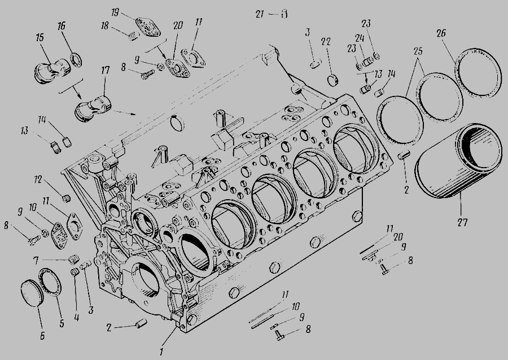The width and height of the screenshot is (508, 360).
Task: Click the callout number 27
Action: click(462, 222)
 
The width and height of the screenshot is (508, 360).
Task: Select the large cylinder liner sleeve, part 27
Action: click(458, 161)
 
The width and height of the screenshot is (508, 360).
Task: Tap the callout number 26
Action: click(441, 33)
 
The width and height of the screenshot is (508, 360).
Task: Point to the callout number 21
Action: click(260, 14)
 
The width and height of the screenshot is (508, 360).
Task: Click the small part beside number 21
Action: click(284, 14)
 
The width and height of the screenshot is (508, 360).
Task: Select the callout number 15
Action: click(40, 37)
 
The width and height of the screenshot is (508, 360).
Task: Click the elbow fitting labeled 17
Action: click(93, 108)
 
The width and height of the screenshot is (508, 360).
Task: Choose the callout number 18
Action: click(104, 25)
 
